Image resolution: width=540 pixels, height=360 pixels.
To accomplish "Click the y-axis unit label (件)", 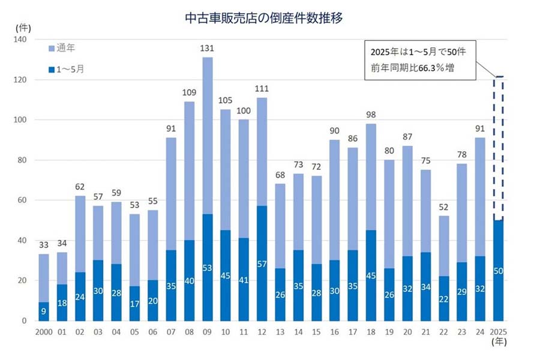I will pyautogui.click(x=23, y=28).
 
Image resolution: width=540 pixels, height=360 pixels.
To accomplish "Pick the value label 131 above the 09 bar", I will pyautogui.click(x=207, y=49).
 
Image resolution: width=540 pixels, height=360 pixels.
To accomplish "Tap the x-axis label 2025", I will pyautogui.click(x=499, y=332).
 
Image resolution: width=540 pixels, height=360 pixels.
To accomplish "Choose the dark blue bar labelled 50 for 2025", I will pyautogui.click(x=499, y=270).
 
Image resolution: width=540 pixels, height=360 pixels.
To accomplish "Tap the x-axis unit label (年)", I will pyautogui.click(x=499, y=343).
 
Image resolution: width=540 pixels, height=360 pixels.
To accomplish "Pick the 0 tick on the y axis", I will pyautogui.click(x=25, y=320).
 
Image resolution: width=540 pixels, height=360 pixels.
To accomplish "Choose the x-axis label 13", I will pyautogui.click(x=280, y=332).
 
